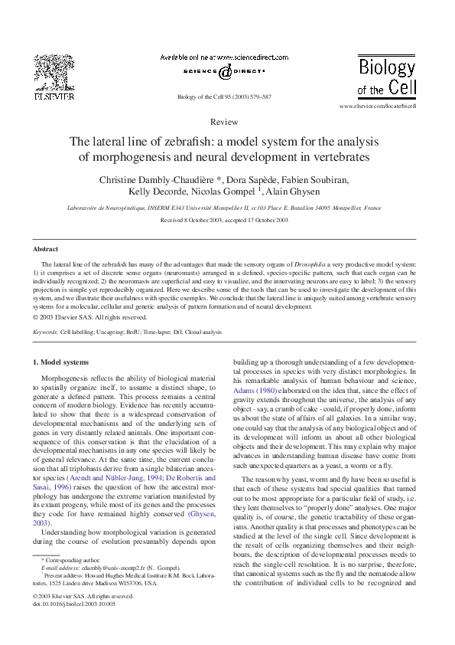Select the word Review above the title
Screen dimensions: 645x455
223,122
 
